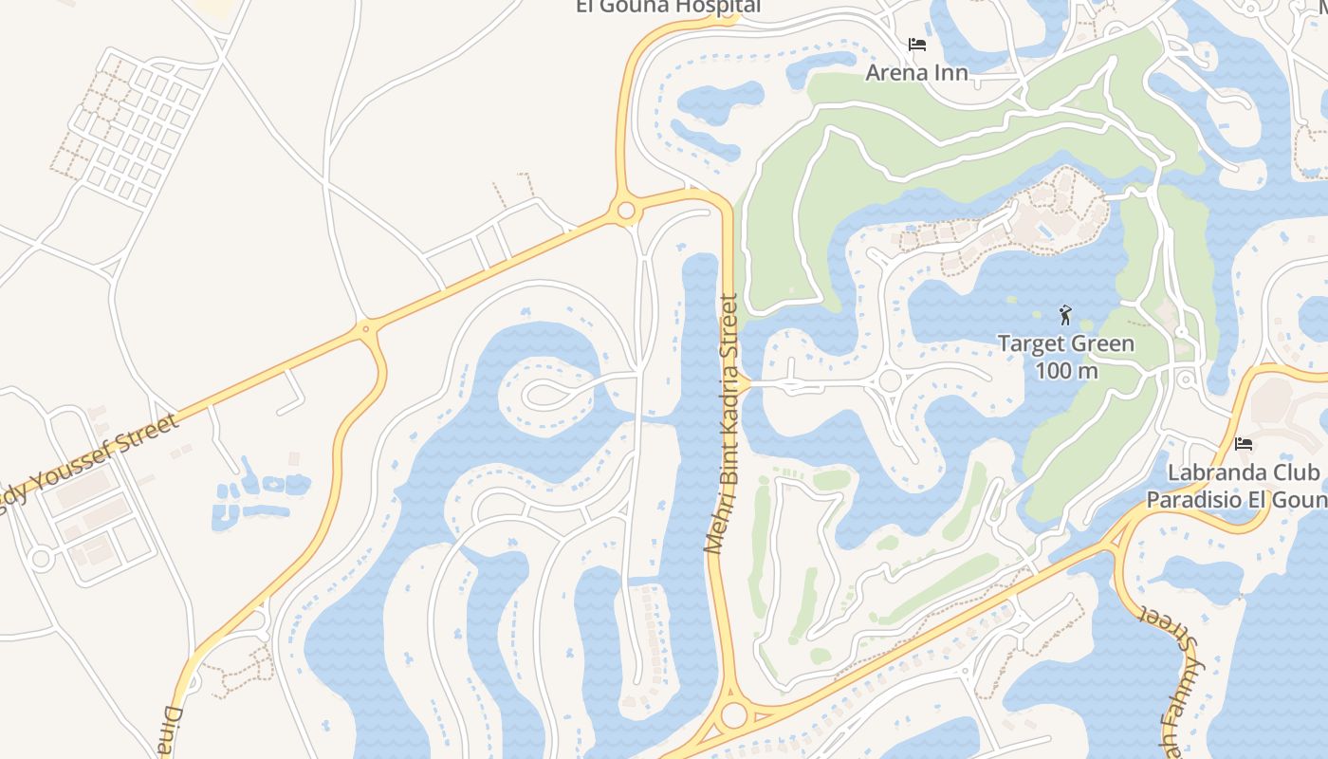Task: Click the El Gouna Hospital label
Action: (668, 7)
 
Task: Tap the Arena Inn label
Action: (916, 72)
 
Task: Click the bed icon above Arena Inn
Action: (916, 45)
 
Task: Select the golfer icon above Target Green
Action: (1065, 315)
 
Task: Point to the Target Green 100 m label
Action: (1065, 356)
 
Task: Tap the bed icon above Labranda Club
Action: (1243, 443)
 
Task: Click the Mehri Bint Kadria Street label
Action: (722, 423)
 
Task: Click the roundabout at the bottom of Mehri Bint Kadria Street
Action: (733, 715)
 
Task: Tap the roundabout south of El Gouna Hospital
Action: (625, 211)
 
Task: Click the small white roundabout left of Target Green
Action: (890, 381)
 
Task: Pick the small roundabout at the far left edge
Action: (40, 559)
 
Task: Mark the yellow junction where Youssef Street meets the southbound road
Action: (367, 329)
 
